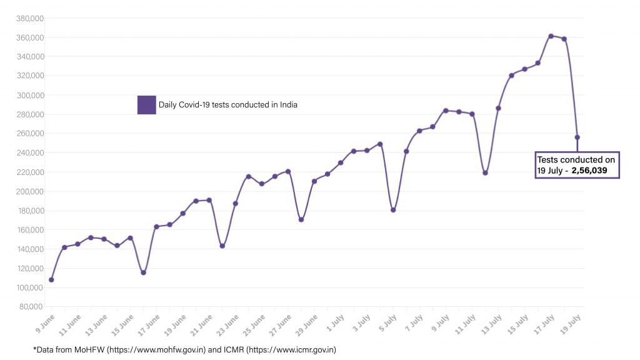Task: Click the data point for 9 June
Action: tap(51, 279)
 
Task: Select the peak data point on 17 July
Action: tap(551, 36)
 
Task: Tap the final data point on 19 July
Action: tap(577, 137)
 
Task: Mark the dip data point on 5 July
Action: tap(393, 210)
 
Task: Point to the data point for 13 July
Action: tap(498, 108)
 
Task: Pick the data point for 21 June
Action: tap(209, 200)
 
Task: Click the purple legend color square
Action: tap(146, 105)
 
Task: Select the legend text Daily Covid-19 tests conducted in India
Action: tap(227, 105)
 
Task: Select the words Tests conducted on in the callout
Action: tap(576, 160)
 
